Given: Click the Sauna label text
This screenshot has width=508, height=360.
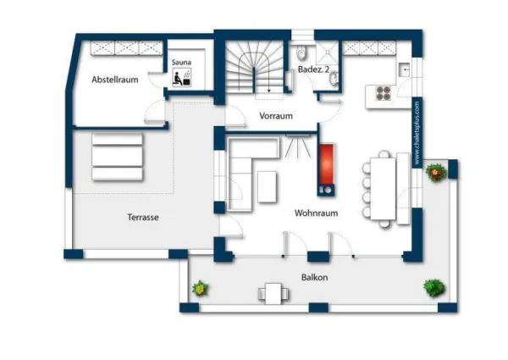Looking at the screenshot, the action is (x=181, y=62).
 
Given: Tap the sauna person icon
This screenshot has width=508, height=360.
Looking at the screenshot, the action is (x=181, y=77).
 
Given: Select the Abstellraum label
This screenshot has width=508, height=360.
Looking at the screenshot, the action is (x=115, y=80).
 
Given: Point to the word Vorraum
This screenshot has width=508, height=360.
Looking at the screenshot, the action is (x=276, y=116).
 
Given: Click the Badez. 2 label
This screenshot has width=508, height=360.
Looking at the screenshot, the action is (x=313, y=69).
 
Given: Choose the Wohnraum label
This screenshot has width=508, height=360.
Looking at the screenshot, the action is (x=316, y=213).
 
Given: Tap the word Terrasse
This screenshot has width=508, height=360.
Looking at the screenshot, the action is (x=143, y=217).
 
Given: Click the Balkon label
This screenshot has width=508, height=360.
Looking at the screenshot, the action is (x=315, y=277).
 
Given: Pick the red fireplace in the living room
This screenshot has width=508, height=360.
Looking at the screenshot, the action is (x=326, y=164).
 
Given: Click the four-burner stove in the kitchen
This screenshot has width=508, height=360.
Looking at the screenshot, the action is (x=384, y=92).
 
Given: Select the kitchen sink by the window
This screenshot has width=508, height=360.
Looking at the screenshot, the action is (x=405, y=69).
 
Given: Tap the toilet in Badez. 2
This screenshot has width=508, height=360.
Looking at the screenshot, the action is (x=301, y=53).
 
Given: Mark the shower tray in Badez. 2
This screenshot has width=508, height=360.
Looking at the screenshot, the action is (x=328, y=53).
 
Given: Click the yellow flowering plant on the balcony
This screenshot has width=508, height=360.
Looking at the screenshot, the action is (x=201, y=288).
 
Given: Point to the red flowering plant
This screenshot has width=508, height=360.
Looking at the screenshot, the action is (x=436, y=173).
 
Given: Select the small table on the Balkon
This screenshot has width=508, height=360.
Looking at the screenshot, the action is (x=273, y=294).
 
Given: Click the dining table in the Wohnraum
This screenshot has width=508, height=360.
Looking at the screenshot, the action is (x=383, y=188).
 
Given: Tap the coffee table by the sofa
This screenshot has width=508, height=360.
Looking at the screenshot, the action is (x=268, y=187).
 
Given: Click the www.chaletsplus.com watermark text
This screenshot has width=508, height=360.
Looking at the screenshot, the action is (x=417, y=132).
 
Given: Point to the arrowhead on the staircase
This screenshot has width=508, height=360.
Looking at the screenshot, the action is (x=269, y=91).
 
